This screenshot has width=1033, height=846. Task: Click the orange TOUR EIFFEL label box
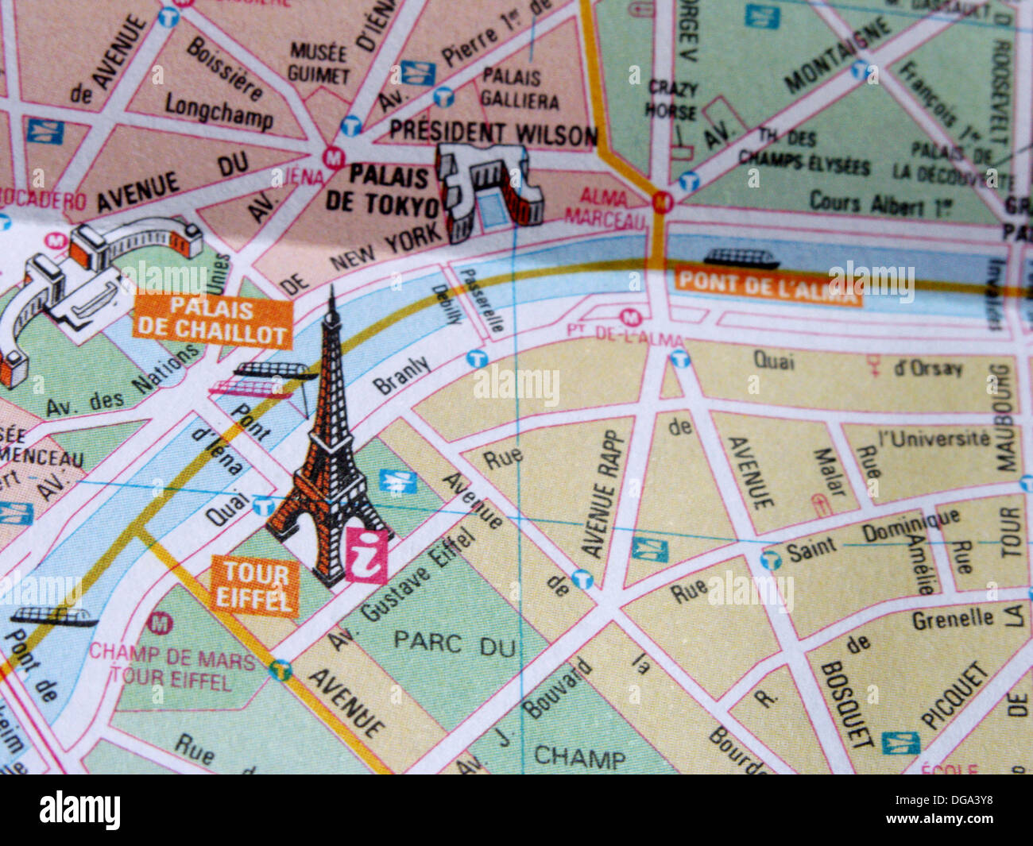(254, 586)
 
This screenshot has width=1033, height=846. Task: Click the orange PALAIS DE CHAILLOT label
(212, 322)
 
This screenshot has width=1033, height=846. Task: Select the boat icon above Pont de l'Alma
(741, 258)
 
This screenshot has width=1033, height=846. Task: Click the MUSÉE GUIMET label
(319, 64)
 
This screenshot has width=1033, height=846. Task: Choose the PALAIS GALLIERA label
(520, 89)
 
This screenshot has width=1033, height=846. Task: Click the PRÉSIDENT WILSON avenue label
(493, 133)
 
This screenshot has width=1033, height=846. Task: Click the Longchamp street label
(219, 111)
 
